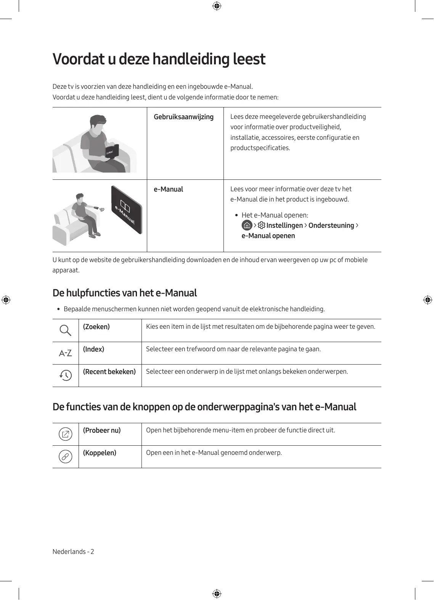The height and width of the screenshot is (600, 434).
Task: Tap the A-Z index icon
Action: (66, 353)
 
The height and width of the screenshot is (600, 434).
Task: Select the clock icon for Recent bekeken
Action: (66, 376)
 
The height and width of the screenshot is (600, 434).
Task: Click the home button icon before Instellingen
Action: (247, 226)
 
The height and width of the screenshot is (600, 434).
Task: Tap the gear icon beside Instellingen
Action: (262, 226)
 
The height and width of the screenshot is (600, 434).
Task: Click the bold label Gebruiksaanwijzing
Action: (183, 117)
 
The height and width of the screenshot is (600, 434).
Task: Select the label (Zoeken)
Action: (96, 327)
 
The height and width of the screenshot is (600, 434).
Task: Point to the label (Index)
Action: (93, 349)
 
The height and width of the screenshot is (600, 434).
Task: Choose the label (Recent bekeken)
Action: (109, 372)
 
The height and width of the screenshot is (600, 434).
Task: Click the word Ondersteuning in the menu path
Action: (331, 226)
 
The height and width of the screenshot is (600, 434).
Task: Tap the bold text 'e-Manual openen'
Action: (268, 236)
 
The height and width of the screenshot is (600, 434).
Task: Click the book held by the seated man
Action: (111, 151)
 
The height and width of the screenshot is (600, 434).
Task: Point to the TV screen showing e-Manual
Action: (126, 210)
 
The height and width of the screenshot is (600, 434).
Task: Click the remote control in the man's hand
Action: (96, 208)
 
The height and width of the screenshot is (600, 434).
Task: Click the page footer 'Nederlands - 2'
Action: (73, 552)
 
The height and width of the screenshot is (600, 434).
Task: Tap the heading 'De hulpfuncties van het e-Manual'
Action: (125, 293)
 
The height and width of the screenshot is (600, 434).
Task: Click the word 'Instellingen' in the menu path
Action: (285, 226)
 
